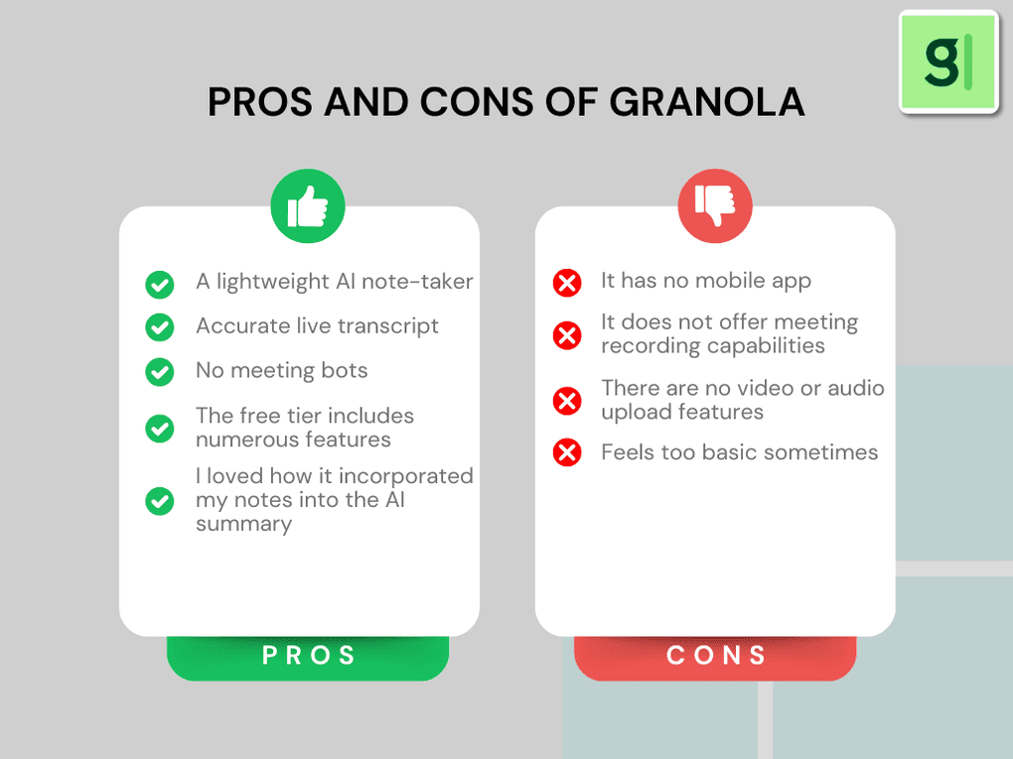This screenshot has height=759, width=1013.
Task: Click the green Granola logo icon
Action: [948, 62]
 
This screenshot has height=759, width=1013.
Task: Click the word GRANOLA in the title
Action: [706, 103]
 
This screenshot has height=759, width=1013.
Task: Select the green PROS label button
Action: [308, 656]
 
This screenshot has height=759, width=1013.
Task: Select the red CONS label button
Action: [715, 656]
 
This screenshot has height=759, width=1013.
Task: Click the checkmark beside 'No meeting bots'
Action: [160, 371]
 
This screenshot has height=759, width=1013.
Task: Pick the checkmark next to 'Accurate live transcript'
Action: [160, 326]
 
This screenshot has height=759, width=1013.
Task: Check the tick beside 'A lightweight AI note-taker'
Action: [160, 285]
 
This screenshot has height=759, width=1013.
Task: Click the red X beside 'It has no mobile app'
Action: [567, 284]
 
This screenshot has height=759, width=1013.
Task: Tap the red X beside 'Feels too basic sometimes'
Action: [567, 453]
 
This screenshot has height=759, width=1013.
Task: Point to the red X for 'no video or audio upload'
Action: [567, 401]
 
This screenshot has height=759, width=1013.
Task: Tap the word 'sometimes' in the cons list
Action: [828, 452]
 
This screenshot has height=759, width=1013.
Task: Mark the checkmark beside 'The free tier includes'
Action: [160, 429]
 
